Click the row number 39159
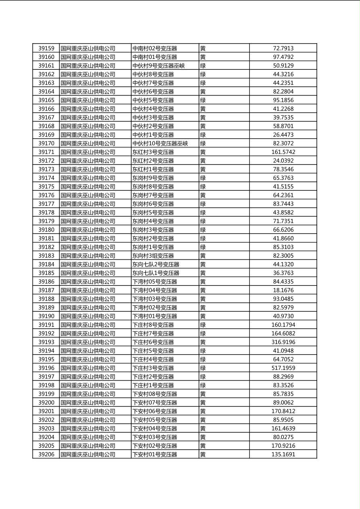point(46,48)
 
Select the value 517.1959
point(283,368)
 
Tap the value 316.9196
point(283,342)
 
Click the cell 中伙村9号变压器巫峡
point(159,66)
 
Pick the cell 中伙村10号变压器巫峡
point(160,144)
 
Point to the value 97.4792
point(283,57)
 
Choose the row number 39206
point(46,455)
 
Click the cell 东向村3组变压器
point(153,256)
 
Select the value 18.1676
point(283,290)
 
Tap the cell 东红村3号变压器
point(153,152)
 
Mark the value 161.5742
point(283,152)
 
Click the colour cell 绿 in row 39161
point(203,66)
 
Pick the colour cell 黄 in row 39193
point(203,342)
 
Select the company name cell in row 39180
point(88,230)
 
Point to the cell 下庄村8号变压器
point(153,325)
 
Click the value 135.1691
point(283,455)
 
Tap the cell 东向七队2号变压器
point(156,265)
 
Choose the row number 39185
point(46,273)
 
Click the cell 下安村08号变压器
point(155,394)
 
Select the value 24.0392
point(283,161)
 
